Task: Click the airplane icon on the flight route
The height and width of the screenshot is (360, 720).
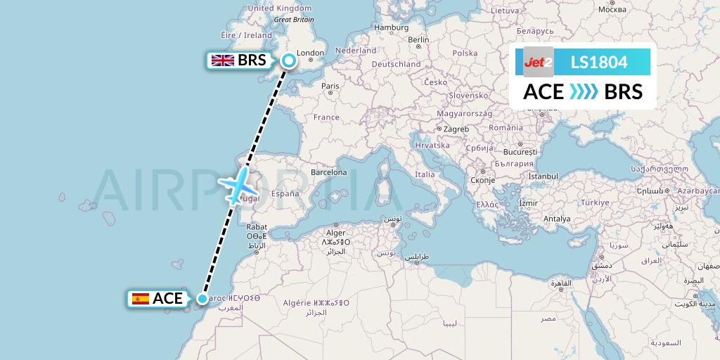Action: pos(240,186)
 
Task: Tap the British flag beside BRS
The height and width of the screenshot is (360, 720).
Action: pos(223,60)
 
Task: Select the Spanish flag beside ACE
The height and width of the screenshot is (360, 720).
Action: pos(141,299)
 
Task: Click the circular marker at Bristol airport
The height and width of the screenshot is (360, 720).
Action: pos(288,60)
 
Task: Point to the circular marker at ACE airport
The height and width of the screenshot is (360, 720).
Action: pos(202,299)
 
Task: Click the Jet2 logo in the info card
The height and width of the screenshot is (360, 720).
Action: pos(539,62)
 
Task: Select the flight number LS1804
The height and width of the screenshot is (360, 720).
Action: pos(598,62)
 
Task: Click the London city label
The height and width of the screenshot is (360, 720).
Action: pos(310,53)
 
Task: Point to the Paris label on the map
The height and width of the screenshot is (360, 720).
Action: pos(330,86)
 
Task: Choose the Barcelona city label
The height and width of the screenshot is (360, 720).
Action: pos(329,172)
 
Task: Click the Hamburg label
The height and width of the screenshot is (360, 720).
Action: pos(392,27)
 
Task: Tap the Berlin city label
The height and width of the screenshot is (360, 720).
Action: pos(418,40)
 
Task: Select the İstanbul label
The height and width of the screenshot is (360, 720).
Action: pos(544,176)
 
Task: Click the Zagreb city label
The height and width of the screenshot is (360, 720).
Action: pos(456,129)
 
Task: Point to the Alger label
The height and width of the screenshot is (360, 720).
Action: pos(335,233)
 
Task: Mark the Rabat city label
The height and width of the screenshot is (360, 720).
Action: pos(257,227)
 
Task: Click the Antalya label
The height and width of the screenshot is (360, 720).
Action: pos(557,219)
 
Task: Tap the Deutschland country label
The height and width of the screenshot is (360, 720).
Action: pos(396,64)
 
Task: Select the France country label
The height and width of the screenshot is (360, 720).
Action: pos(326,117)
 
